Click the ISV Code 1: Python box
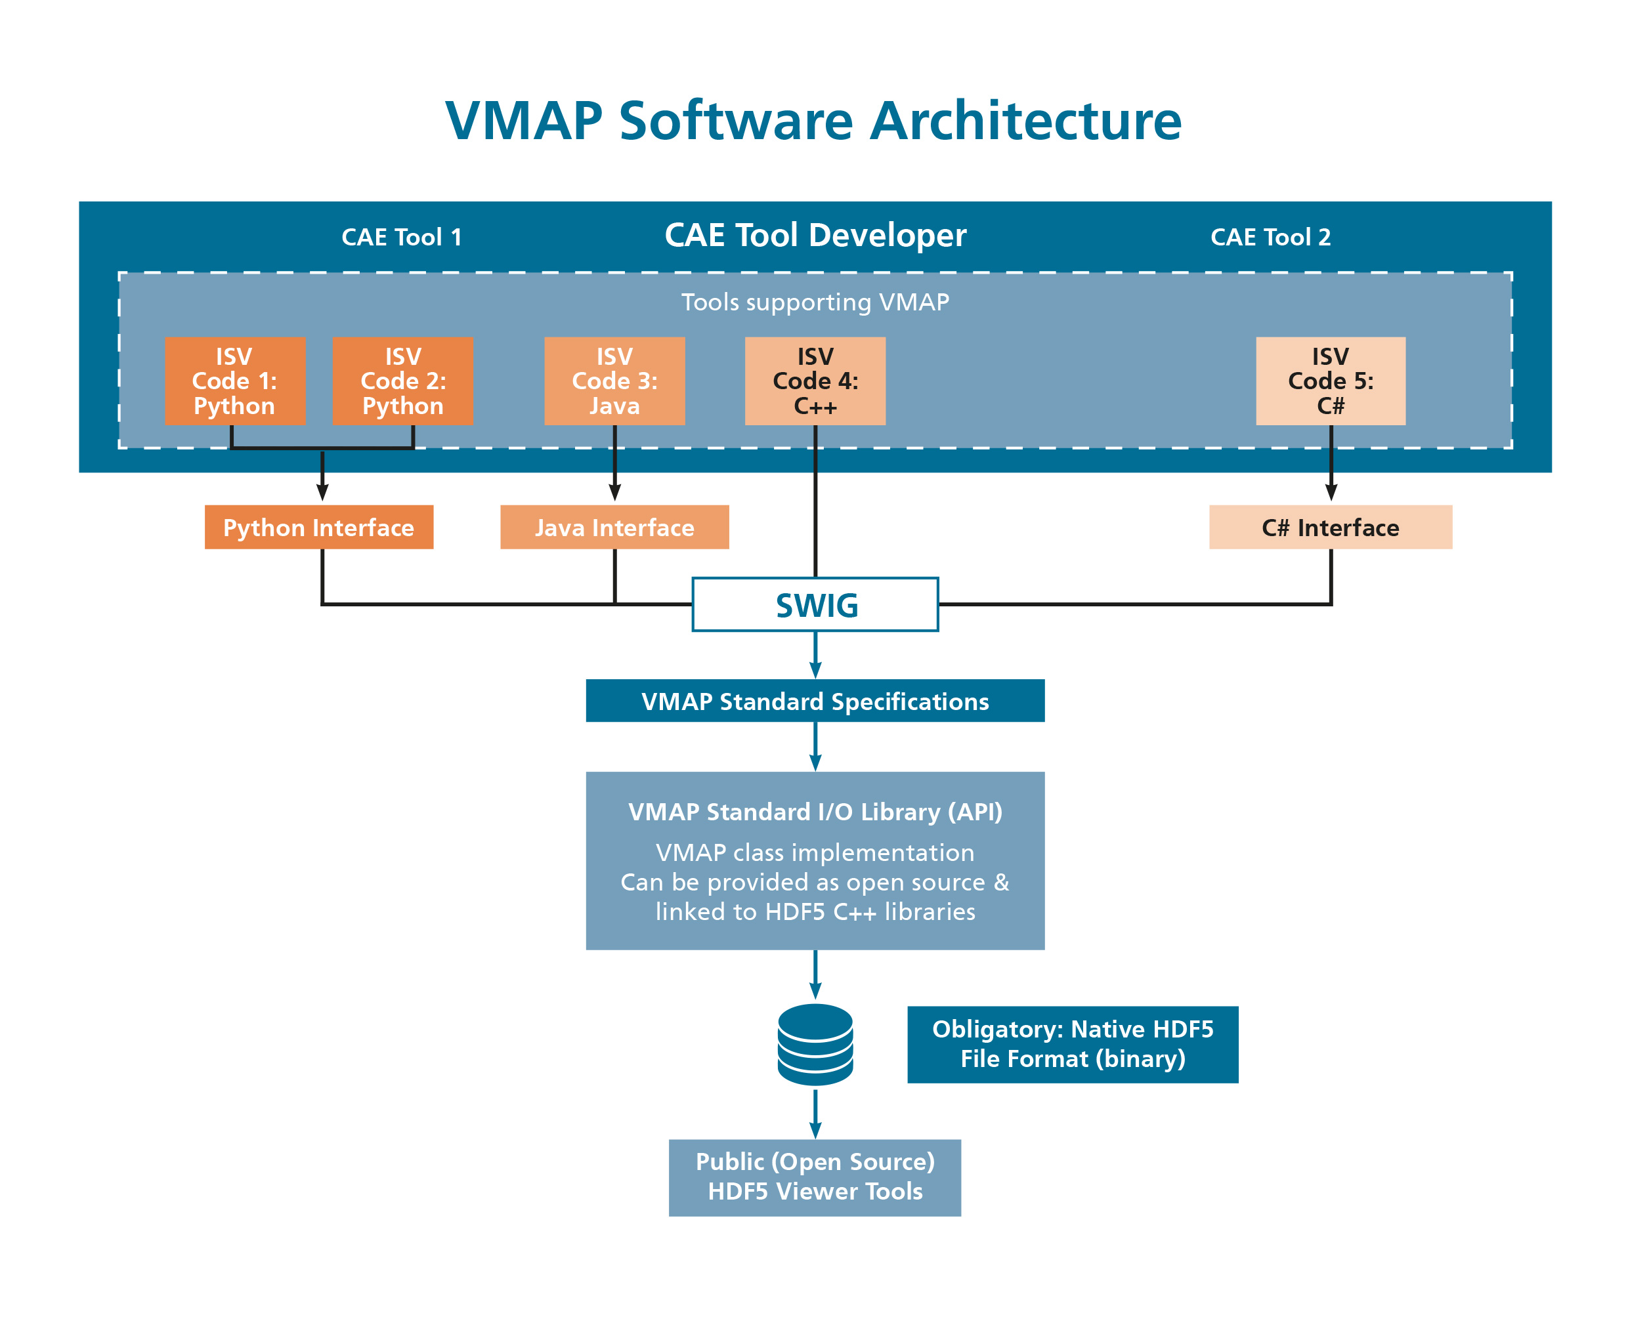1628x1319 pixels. click(235, 381)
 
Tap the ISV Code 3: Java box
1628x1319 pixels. click(614, 381)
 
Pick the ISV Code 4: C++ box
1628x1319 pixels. click(815, 381)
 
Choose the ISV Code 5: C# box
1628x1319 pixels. click(1330, 381)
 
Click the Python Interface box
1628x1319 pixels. click(318, 528)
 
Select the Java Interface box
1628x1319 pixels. click(614, 528)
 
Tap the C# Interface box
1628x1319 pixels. click(1330, 528)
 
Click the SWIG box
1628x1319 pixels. click(815, 605)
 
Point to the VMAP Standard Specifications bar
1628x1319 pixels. click(815, 701)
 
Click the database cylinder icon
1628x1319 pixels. click(815, 1044)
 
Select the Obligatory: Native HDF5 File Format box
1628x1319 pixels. click(1073, 1044)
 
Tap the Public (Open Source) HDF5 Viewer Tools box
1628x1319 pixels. click(815, 1177)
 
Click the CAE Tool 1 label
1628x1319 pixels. click(401, 237)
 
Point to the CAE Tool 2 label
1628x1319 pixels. click(1270, 237)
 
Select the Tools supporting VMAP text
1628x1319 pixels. click(815, 303)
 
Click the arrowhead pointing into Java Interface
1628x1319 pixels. click(614, 492)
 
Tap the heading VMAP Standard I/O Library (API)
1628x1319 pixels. click(815, 812)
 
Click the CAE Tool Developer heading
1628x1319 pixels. click(815, 235)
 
